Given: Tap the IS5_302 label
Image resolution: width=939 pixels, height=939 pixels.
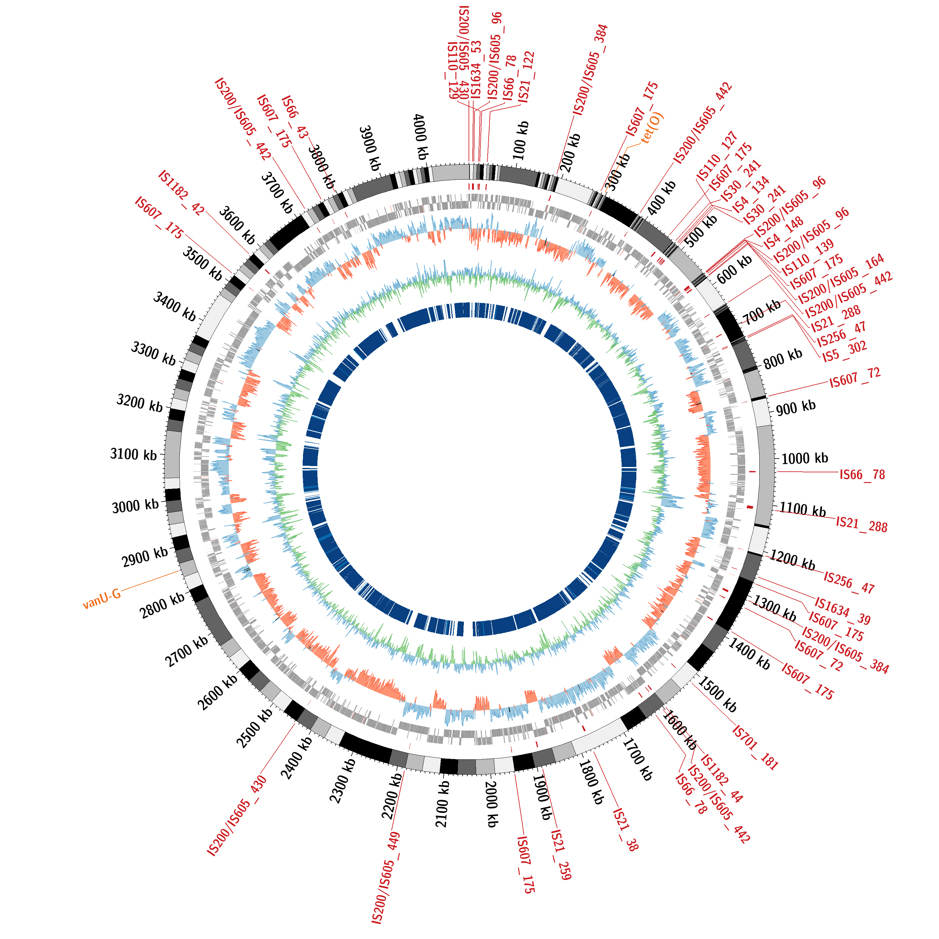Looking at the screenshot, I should tap(845, 351).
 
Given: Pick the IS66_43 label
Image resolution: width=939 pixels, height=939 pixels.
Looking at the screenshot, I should tap(295, 117).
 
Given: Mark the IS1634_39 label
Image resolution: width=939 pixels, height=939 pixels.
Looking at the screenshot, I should tap(842, 611).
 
